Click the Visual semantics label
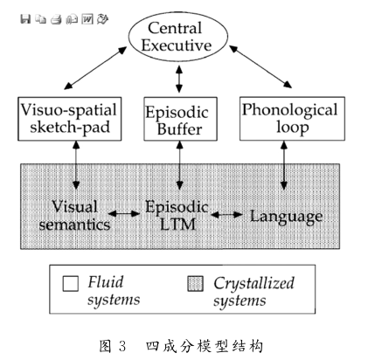click(75, 216)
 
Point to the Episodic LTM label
click(177, 216)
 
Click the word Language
click(287, 217)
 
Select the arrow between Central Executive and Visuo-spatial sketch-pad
click(95, 67)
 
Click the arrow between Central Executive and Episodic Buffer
click(179, 79)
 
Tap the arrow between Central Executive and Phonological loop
click(260, 66)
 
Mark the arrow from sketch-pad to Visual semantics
click(76, 165)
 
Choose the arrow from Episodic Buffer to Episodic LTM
click(180, 165)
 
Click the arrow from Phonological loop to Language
click(284, 165)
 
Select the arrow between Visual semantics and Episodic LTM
click(124, 214)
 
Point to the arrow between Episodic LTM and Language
click(226, 215)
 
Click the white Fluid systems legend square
click(71, 283)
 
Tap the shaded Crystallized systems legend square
click(195, 283)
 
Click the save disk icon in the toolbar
click(25, 19)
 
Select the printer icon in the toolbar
click(56, 19)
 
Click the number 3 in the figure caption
click(122, 346)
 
